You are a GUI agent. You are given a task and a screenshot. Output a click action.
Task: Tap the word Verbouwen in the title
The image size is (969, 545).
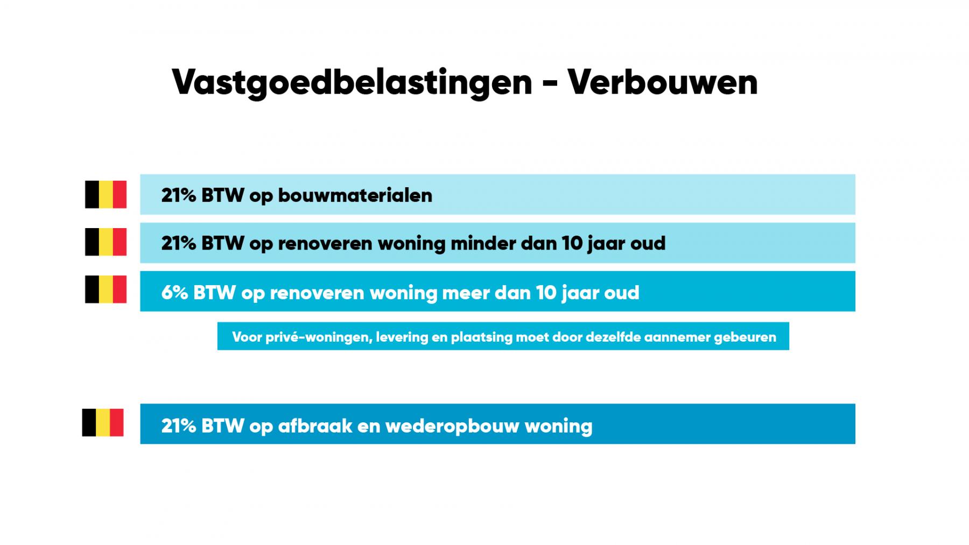(x=663, y=82)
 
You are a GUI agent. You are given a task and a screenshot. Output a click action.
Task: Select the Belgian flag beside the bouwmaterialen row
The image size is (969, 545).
(x=106, y=194)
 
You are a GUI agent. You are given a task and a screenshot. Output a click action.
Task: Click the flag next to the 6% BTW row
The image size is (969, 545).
(x=106, y=289)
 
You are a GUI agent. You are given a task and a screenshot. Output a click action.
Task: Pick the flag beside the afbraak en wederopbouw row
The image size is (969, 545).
(x=103, y=422)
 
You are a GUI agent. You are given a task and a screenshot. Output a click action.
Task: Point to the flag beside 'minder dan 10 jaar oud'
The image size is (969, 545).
(x=106, y=242)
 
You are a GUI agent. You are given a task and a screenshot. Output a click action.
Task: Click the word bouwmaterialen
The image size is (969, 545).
(x=355, y=195)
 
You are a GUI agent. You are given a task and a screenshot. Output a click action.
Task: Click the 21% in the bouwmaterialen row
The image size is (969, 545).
(x=179, y=195)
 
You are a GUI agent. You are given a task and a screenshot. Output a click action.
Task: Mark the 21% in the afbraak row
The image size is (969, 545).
(x=179, y=426)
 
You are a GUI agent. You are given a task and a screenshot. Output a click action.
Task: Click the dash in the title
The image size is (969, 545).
(x=550, y=84)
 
